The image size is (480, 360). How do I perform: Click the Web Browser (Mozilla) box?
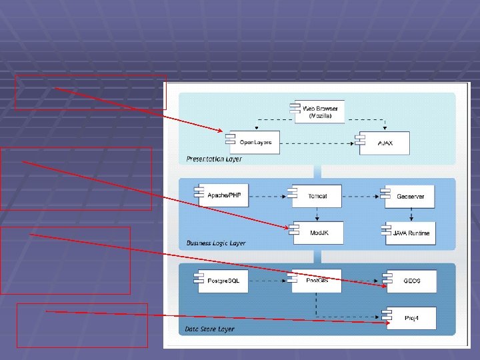[x=320, y=111]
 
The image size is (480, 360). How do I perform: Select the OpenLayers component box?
[x=255, y=142]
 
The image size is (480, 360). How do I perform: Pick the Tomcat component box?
[x=317, y=196]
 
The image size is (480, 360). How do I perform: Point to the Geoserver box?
[x=410, y=196]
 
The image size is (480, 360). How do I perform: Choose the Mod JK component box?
[x=317, y=232]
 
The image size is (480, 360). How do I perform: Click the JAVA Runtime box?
[x=410, y=233]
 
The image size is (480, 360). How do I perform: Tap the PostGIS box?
[x=317, y=281]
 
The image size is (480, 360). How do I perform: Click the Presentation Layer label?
[x=214, y=159]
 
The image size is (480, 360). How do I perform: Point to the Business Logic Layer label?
[x=216, y=243]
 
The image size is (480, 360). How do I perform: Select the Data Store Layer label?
[x=210, y=329]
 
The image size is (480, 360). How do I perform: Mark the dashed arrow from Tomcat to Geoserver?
[x=361, y=196]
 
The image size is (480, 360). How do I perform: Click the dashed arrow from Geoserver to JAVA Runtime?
[x=411, y=213]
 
